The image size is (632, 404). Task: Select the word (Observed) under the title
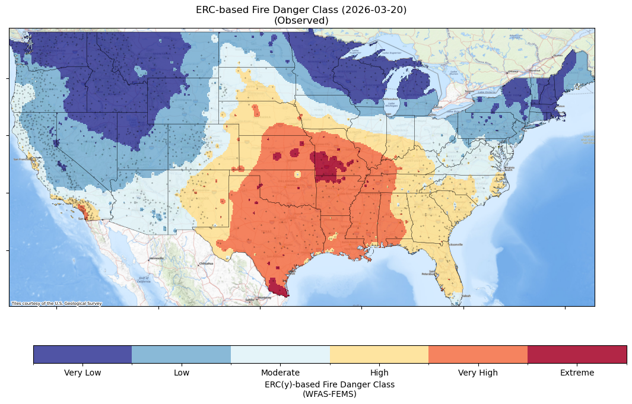(x=301, y=20)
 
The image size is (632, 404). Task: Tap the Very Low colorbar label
(x=82, y=373)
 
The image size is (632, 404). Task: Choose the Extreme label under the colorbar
(x=577, y=373)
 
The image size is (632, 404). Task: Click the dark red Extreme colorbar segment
(x=577, y=354)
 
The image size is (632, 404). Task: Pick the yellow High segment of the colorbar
(x=379, y=354)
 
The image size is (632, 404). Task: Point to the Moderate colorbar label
(x=280, y=373)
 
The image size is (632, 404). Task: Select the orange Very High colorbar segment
(x=478, y=354)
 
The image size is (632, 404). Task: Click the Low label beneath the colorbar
(x=182, y=373)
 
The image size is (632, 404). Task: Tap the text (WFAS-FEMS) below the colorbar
(x=329, y=393)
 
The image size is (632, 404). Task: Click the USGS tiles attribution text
(x=56, y=303)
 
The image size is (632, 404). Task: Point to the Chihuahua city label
(x=205, y=263)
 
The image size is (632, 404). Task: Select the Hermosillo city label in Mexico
(x=157, y=259)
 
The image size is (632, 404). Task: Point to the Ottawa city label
(x=511, y=72)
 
